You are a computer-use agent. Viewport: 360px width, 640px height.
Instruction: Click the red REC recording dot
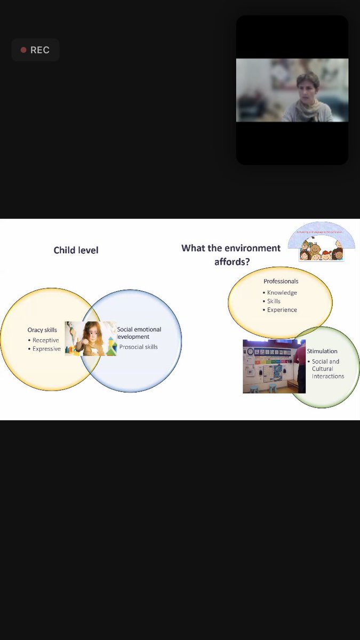pos(23,50)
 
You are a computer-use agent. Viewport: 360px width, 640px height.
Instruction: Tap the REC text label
pos(40,50)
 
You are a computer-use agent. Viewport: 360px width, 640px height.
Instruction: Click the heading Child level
pos(76,250)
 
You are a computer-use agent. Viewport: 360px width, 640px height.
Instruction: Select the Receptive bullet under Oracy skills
pos(45,340)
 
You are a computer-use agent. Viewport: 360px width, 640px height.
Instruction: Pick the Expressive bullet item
pos(46,349)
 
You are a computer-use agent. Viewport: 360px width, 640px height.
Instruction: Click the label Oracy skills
pos(42,330)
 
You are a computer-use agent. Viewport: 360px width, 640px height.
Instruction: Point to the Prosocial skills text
pos(139,347)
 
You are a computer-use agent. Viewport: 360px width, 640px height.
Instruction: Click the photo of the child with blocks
pos(91,339)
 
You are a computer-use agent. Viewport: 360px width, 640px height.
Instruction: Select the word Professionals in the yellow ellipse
pos(281,281)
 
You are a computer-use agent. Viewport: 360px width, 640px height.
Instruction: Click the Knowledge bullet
pos(282,293)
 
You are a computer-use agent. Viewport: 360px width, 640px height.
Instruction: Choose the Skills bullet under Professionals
pos(274,301)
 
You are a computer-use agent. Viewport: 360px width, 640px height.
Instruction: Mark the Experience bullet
pos(282,310)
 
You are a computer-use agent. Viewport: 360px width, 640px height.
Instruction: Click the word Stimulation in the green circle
pos(322,351)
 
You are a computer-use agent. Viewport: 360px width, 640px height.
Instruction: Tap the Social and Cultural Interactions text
pos(327,369)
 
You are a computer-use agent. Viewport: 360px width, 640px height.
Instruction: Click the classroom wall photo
pos(274,366)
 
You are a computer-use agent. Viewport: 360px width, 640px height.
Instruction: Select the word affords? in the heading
pos(232,262)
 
